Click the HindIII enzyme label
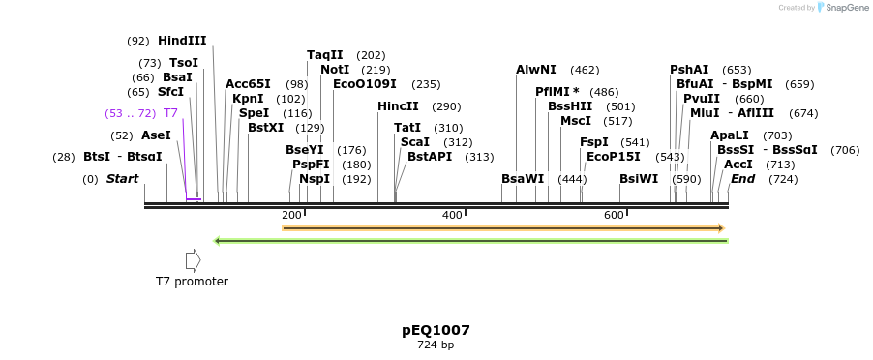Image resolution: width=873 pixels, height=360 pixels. (182, 41)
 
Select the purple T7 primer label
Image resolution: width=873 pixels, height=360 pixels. (170, 113)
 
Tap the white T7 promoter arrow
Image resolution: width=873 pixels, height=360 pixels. (193, 260)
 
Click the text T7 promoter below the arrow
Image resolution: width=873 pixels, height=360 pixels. (192, 282)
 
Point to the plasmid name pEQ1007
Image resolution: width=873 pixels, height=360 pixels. (436, 330)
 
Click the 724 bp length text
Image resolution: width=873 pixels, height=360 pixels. (436, 345)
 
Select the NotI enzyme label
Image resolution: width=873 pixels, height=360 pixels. (335, 70)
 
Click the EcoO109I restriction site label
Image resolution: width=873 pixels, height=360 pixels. (365, 84)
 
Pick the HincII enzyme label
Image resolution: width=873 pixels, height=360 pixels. (398, 106)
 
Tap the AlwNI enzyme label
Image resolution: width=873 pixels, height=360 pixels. (536, 70)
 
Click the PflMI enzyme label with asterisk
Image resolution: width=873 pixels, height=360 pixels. (557, 92)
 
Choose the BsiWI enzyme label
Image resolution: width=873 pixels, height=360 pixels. (639, 179)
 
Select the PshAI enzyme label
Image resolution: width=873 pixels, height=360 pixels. (689, 70)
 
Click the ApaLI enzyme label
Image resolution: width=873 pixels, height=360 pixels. (730, 135)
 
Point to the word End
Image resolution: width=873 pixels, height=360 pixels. (742, 179)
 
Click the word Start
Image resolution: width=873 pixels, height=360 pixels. (122, 179)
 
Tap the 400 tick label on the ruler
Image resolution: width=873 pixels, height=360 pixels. (452, 215)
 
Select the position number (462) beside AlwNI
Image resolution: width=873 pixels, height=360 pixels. (585, 70)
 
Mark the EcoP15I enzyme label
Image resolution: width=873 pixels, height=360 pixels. (614, 157)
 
